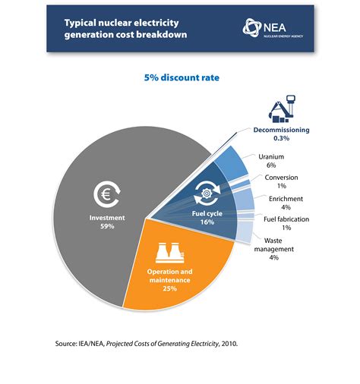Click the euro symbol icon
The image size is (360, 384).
[x=106, y=195]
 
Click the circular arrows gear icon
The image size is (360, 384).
[x=207, y=193]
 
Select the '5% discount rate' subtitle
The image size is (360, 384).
[x=180, y=77]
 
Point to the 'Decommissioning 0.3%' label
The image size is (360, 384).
[x=282, y=134]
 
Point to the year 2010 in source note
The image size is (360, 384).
[x=228, y=343]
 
